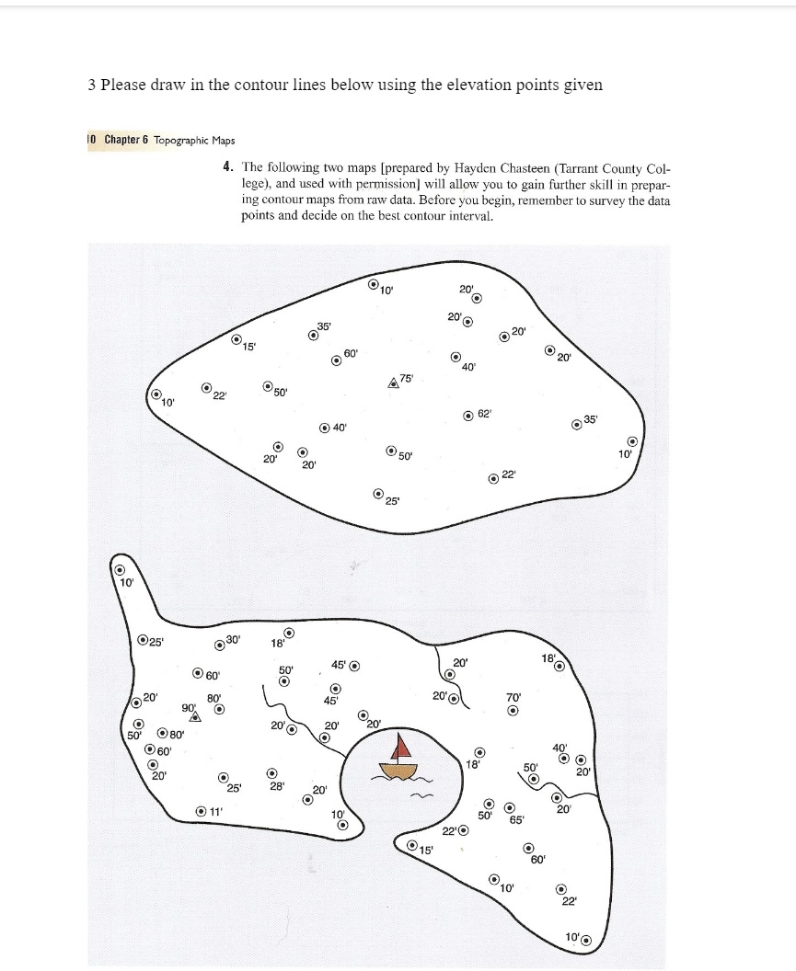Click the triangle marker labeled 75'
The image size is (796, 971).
394,383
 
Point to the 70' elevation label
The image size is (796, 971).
513,696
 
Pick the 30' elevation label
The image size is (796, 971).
233,639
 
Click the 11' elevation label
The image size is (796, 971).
214,811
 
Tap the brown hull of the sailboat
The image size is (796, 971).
398,771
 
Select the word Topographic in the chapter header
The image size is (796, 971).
181,140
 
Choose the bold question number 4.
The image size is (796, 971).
226,167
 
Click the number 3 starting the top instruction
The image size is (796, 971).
92,85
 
